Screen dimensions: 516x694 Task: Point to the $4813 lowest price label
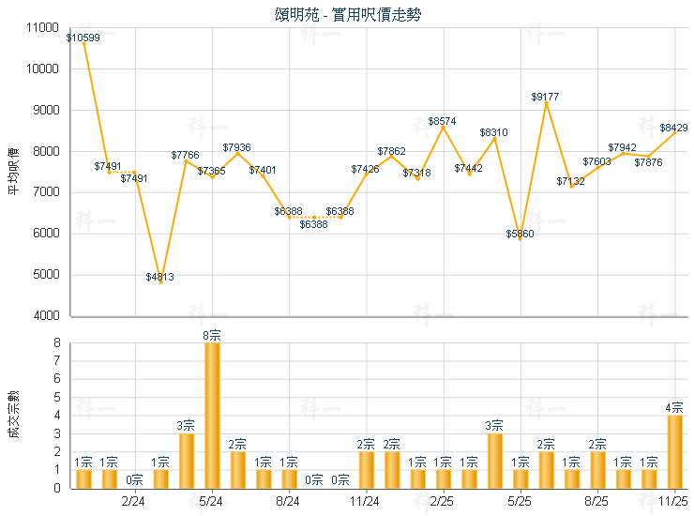160,277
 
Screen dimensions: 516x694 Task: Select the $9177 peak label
546,97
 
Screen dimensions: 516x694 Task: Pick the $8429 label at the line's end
673,128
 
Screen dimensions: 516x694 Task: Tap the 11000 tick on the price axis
44,28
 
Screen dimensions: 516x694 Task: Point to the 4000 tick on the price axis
47,316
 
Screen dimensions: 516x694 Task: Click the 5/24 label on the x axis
212,502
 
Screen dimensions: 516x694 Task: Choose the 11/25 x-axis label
673,502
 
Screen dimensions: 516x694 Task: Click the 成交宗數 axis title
13,415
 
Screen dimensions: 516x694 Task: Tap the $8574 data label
443,121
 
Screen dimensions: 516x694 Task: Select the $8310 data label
493,133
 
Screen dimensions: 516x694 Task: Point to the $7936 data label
237,147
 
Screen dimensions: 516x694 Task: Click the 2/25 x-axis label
443,502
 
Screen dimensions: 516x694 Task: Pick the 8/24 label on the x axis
289,502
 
